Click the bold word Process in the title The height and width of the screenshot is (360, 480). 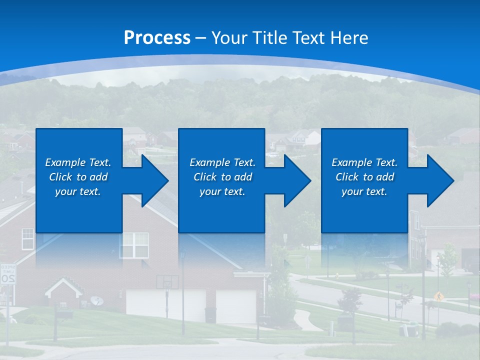point(157,38)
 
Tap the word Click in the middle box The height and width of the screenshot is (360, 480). point(205,177)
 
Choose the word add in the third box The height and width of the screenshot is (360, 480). point(385,177)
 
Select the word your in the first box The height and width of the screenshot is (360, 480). point(66,191)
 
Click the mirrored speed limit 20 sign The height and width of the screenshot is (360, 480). point(7,274)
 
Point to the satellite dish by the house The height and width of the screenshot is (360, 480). point(97,300)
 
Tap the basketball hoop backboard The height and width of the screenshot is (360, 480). point(167,282)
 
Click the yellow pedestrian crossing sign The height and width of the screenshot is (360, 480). point(438,295)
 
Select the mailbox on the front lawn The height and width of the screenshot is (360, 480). point(64,314)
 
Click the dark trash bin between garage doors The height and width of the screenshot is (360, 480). point(210,314)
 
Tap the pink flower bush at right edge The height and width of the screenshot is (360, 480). point(474,297)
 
